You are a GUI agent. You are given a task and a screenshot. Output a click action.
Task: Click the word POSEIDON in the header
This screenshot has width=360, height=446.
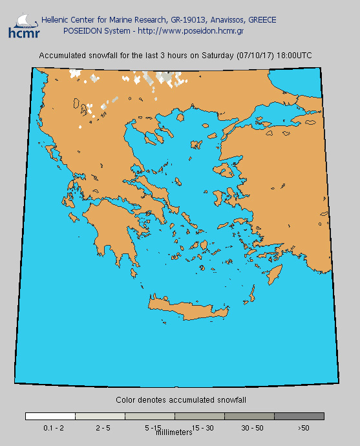[82, 30]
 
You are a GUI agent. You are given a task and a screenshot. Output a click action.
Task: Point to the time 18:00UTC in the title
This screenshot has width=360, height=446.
[294, 56]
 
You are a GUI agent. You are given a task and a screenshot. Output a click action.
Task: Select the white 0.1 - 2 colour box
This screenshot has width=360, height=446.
[50, 416]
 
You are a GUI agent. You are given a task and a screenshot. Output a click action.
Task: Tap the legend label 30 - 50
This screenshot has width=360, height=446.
[253, 428]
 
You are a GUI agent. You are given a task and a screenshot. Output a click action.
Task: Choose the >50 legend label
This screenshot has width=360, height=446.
[303, 428]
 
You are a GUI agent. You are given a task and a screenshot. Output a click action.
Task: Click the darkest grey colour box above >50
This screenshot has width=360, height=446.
[299, 416]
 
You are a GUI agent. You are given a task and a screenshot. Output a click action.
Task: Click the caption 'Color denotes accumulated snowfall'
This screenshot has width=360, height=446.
[181, 400]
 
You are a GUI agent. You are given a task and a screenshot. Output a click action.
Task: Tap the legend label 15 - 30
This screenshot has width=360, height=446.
[203, 428]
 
